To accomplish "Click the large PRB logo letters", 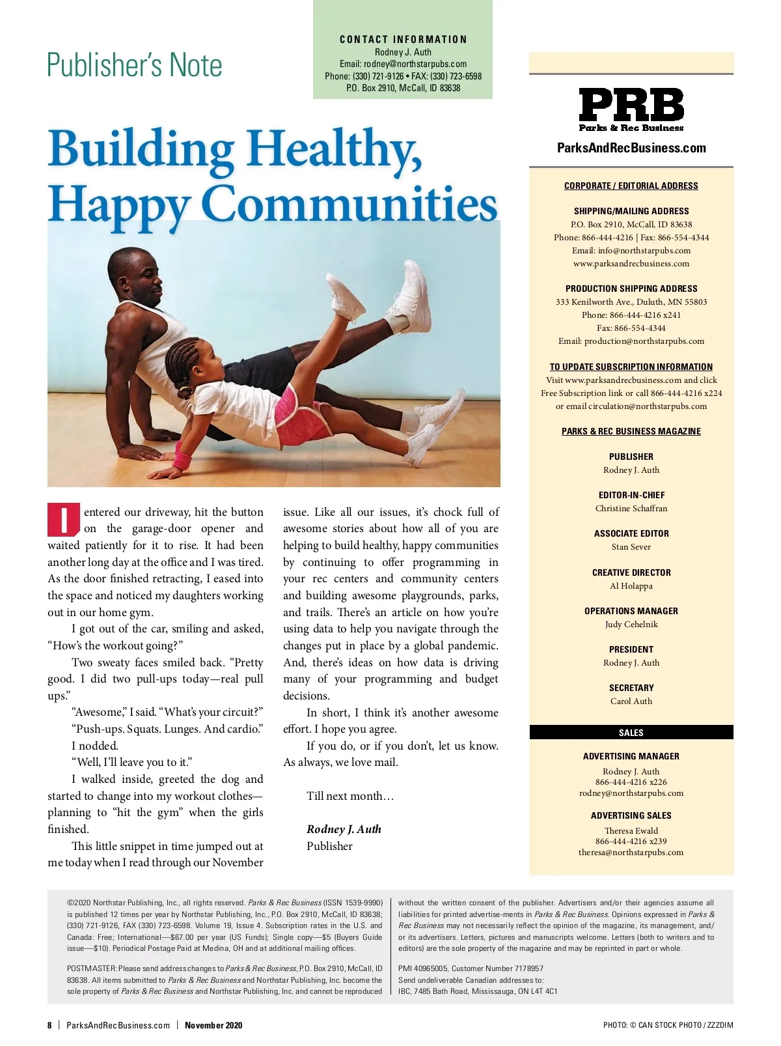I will click(x=631, y=105).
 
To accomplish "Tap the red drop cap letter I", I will click(x=64, y=519).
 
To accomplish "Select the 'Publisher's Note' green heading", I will click(x=135, y=65).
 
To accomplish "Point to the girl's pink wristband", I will click(x=182, y=461).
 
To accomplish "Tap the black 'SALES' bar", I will click(x=631, y=733).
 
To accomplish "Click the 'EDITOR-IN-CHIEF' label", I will click(x=631, y=495).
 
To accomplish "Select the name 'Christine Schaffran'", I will click(x=631, y=509).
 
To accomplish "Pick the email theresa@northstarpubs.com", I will click(x=631, y=853).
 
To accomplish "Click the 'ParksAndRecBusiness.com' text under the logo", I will click(x=631, y=148).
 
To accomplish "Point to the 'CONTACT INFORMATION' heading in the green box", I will click(x=403, y=40).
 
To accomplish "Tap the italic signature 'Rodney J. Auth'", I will click(x=344, y=829).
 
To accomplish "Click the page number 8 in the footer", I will click(x=49, y=1025).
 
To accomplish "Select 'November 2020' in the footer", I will click(x=213, y=1025).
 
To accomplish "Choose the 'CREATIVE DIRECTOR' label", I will click(x=631, y=572).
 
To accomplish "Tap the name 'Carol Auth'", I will click(x=631, y=701).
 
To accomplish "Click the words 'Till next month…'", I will click(x=350, y=796).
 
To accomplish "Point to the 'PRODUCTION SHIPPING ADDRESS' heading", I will click(x=631, y=289).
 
